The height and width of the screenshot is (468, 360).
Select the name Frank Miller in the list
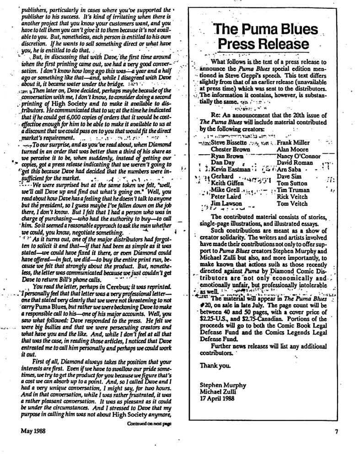pyautogui.click(x=293, y=143)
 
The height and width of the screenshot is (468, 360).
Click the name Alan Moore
pyautogui.click(x=292, y=149)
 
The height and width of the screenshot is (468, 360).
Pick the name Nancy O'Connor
pyautogui.click(x=299, y=156)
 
